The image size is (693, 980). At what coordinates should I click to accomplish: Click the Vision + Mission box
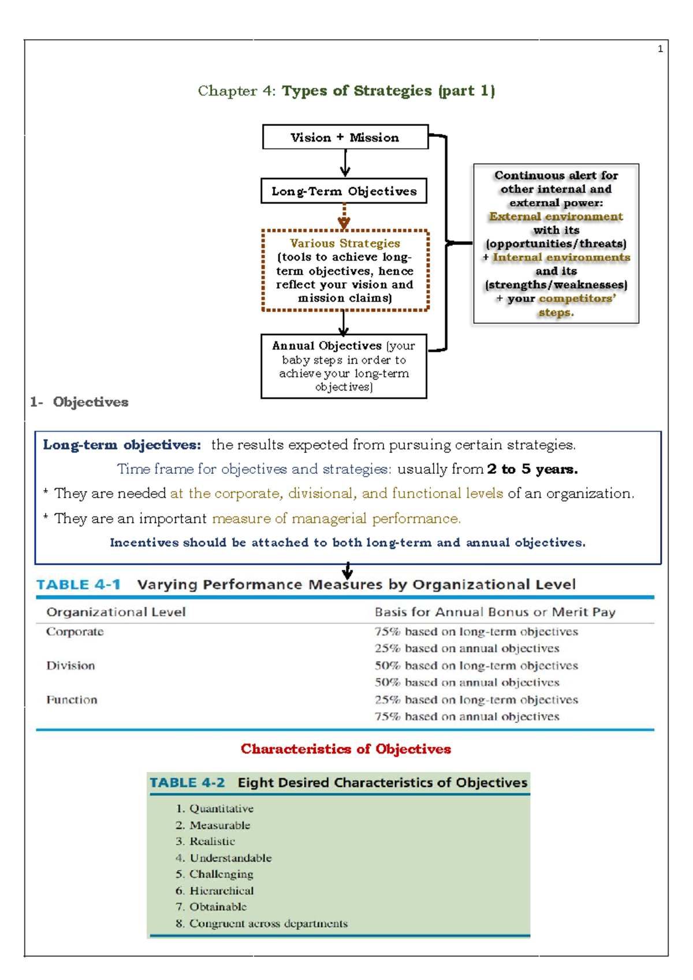(345, 137)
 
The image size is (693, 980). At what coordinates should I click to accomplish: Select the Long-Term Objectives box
(344, 191)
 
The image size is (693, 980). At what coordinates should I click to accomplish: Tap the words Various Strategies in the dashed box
(345, 243)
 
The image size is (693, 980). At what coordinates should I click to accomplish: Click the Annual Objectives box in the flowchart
(344, 366)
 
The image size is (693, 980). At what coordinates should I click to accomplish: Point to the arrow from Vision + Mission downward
(345, 163)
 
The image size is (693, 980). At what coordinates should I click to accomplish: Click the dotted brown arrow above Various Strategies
(344, 217)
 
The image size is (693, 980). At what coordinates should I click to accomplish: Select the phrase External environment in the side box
(556, 217)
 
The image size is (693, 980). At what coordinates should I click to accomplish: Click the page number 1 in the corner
(660, 49)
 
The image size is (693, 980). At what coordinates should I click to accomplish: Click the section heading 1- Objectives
(80, 402)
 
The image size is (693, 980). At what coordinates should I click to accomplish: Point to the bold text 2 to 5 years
(532, 469)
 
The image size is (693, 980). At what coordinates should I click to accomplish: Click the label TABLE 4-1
(79, 585)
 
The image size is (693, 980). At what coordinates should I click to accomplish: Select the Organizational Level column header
(116, 612)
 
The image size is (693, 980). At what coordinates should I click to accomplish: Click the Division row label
(70, 666)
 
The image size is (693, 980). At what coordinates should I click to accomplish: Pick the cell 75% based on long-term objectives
(476, 632)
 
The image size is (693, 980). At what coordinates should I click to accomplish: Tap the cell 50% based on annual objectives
(467, 682)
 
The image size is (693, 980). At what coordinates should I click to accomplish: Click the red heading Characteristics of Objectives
(345, 749)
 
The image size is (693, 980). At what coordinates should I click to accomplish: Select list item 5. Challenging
(215, 874)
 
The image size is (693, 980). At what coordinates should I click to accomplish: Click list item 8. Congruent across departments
(262, 923)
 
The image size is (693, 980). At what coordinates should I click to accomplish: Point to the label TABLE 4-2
(187, 783)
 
